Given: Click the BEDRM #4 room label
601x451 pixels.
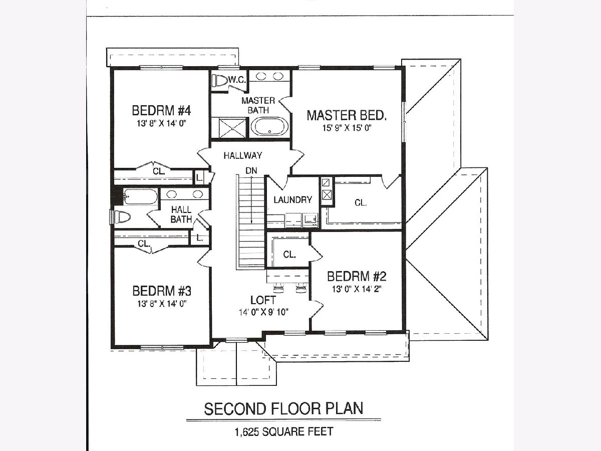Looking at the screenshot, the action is click(161, 111).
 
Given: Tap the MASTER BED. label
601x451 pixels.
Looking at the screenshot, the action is click(347, 115).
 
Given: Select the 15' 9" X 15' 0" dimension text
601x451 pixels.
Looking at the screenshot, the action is click(347, 128).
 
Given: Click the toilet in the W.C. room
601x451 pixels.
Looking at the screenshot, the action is click(220, 81).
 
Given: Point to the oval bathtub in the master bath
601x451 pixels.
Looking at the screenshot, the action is click(269, 126).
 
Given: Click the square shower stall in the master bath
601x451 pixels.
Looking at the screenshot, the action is click(232, 128).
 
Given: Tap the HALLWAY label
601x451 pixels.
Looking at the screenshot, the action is click(243, 156).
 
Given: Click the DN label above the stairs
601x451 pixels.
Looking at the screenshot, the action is click(251, 170).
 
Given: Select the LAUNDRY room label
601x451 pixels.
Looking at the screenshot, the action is click(292, 200).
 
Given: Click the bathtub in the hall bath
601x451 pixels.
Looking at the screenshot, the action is click(140, 196).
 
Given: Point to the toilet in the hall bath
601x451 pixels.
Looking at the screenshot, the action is click(122, 217).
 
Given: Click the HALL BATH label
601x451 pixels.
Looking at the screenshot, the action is click(181, 214).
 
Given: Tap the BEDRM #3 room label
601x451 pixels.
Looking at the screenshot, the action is click(162, 291).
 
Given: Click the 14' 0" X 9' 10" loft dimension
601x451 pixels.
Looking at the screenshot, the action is click(263, 312).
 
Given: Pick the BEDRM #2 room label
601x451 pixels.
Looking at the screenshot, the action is click(357, 276).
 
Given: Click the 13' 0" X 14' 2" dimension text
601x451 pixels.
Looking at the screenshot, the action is click(357, 289).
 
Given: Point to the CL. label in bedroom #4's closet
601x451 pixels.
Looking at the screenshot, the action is click(159, 171).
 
